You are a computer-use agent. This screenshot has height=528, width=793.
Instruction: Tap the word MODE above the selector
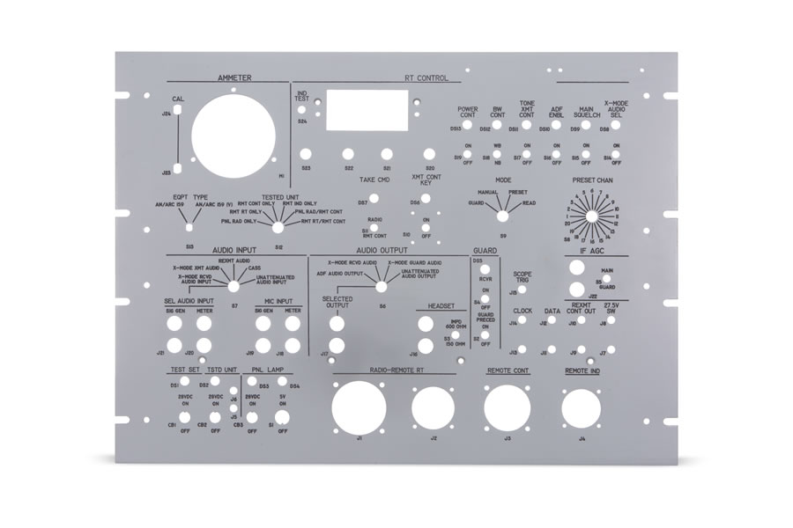click(503, 180)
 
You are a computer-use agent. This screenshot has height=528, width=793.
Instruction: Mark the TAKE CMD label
click(374, 180)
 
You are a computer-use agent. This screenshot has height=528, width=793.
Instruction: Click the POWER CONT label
click(467, 113)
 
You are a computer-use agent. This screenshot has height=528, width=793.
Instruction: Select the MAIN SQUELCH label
click(585, 113)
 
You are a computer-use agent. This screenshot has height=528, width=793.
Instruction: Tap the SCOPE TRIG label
click(522, 276)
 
